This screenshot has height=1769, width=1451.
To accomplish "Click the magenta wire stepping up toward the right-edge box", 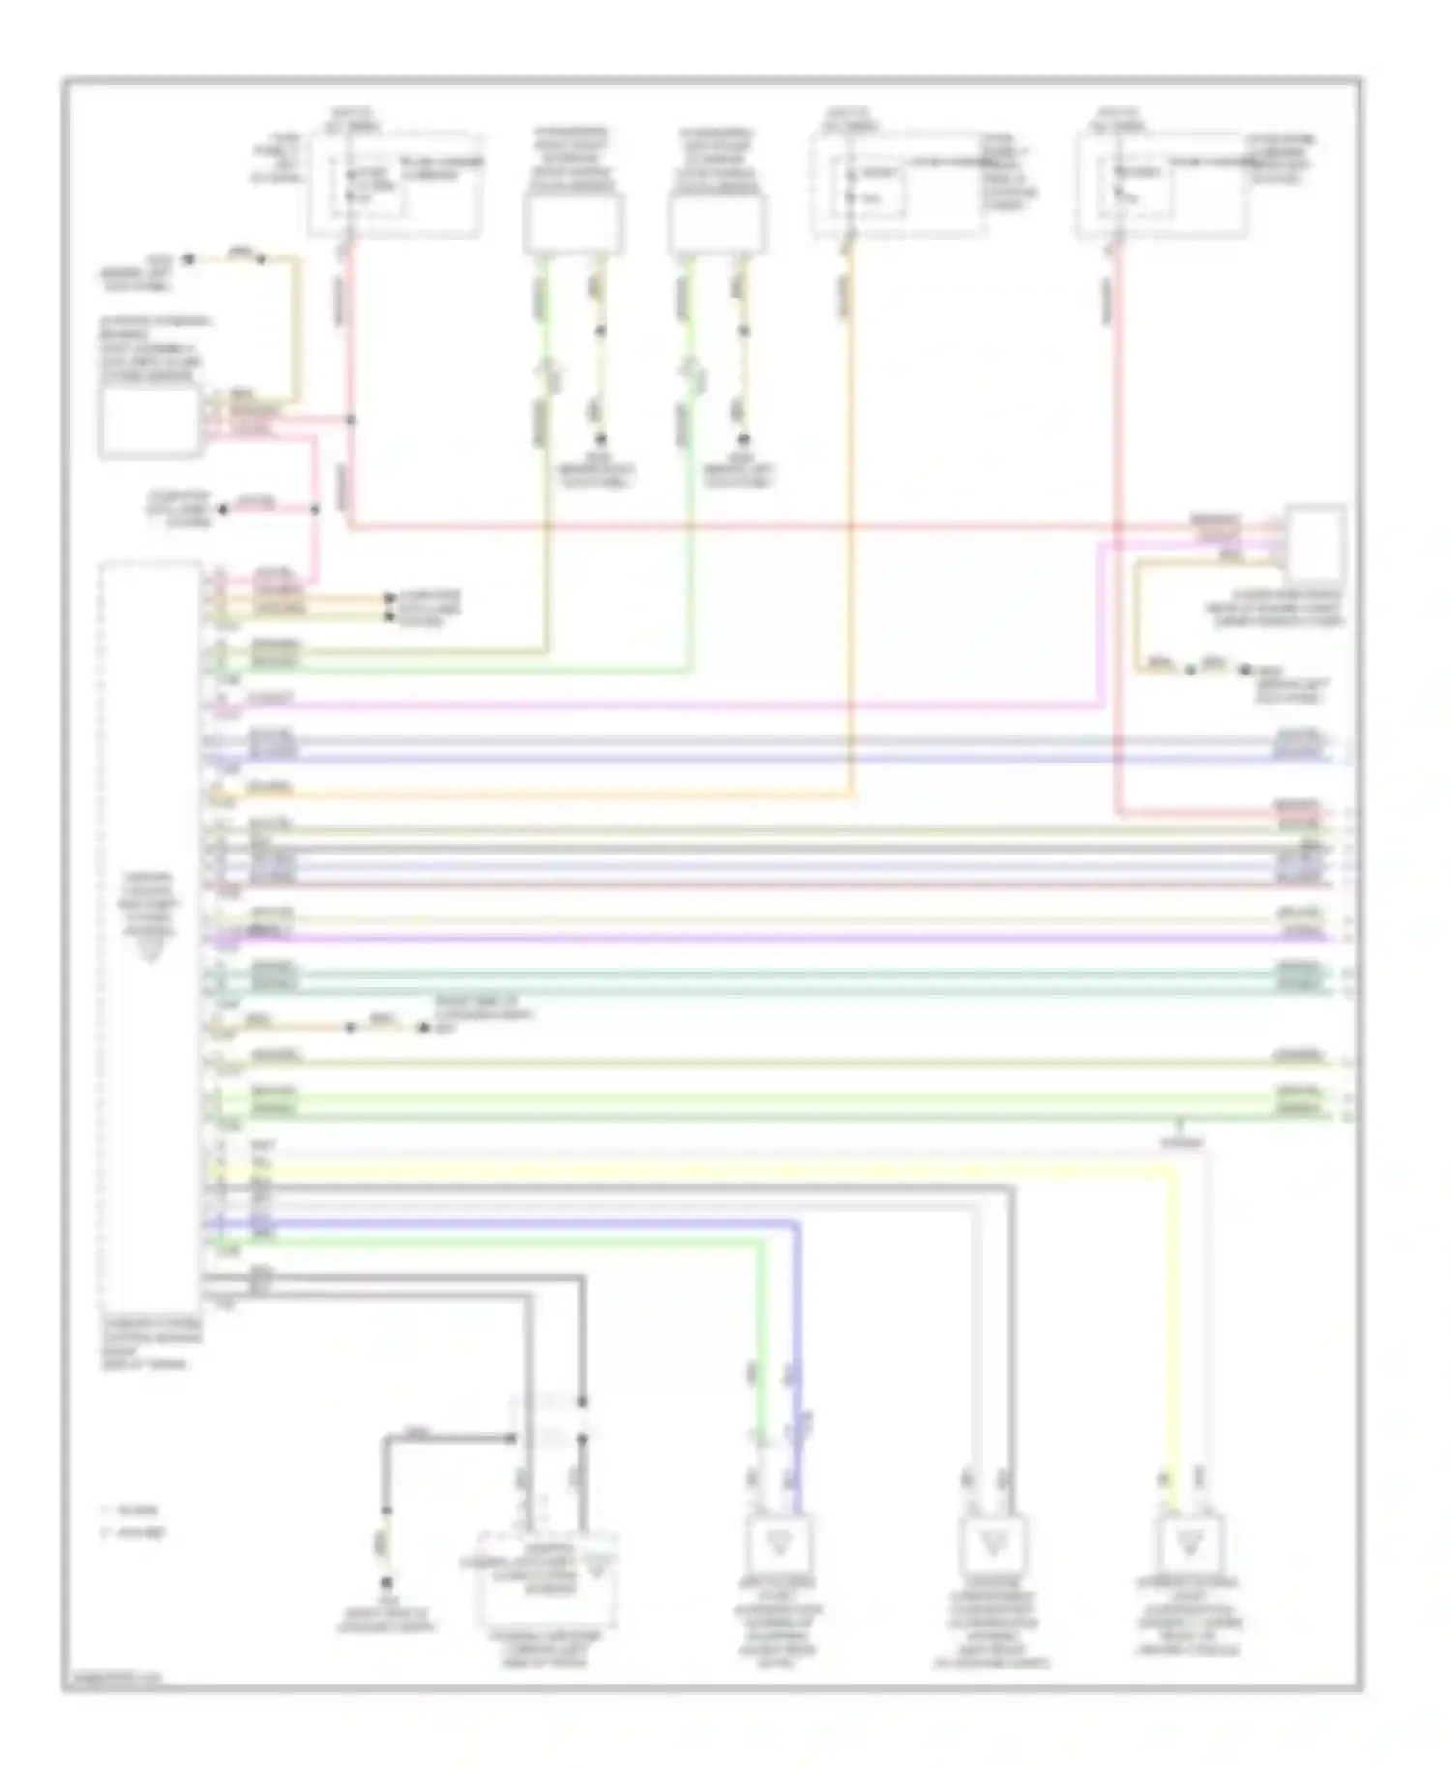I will [1101, 629].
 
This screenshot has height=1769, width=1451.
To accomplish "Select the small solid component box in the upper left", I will [150, 423].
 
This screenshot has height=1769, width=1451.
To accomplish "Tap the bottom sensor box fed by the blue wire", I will [780, 1544].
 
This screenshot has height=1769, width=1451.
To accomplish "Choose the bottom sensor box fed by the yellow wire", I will [1190, 1544].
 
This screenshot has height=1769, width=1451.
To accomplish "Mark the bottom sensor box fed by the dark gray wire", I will [991, 1544].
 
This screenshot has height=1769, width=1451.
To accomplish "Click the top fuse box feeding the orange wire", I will [897, 185].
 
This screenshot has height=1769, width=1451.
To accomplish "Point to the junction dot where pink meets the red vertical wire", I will [351, 420].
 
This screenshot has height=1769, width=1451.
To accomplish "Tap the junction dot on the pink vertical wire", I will [315, 509].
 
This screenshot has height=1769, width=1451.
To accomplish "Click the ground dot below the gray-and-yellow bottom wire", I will [385, 1583].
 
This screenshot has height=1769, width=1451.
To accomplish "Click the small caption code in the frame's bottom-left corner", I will [112, 1678].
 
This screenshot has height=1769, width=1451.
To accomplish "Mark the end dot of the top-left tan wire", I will [190, 258].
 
